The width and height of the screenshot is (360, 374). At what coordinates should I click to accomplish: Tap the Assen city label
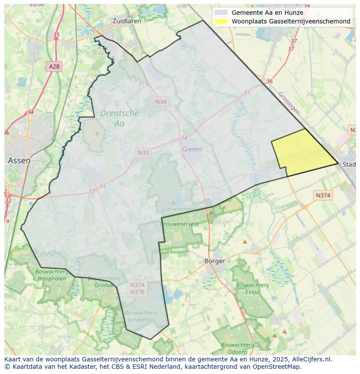tap(19, 160)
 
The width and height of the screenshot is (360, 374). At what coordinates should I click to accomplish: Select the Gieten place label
tap(192, 149)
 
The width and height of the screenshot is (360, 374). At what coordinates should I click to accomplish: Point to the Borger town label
tap(215, 261)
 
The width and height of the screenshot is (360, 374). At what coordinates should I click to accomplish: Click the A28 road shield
tap(54, 66)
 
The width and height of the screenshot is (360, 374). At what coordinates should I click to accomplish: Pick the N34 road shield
tap(161, 101)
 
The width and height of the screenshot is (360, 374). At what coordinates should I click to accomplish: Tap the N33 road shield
tap(143, 152)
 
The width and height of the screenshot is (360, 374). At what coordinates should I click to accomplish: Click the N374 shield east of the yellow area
tap(323, 195)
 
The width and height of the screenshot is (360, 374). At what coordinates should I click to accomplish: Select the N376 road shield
tap(137, 292)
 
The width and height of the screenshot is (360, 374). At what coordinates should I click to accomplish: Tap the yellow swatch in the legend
tap(221, 21)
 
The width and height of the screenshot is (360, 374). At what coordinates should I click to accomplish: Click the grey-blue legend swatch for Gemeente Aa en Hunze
tap(221, 13)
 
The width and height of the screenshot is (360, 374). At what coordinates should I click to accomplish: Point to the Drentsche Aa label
tap(120, 118)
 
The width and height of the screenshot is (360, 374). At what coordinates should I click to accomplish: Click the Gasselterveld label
tap(178, 209)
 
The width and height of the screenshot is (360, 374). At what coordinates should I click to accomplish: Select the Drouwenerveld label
tap(180, 224)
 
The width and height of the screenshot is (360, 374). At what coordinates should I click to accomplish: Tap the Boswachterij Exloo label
tap(253, 288)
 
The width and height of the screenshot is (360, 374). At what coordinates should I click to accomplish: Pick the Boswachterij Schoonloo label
tap(140, 316)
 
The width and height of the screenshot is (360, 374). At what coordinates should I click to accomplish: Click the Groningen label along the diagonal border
tap(289, 103)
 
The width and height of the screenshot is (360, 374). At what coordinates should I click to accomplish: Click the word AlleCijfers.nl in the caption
tap(312, 359)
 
